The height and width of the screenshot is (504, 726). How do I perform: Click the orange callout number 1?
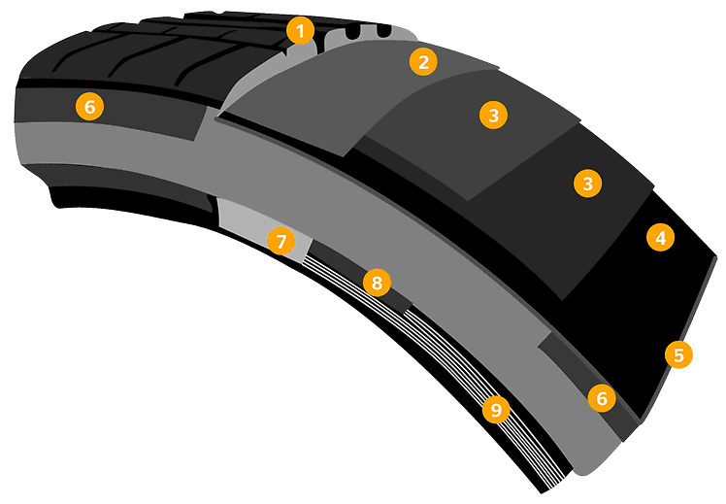pos(301,32)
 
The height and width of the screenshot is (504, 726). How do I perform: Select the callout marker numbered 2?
pos(422,63)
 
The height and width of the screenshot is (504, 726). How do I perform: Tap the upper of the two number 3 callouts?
pos(494,115)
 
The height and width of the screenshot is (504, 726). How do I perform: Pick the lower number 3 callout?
pos(586,183)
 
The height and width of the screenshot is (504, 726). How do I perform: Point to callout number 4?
pos(659,237)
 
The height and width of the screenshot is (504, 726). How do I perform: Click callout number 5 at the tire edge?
pos(678,354)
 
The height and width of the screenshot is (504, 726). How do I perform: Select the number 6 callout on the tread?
pos(89,107)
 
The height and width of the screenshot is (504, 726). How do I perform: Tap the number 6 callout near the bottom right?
pos(601,397)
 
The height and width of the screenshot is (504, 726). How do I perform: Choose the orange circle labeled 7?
pos(280,241)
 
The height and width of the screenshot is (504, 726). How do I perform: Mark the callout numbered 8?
pos(376,283)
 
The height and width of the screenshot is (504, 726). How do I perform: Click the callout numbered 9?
pos(496,410)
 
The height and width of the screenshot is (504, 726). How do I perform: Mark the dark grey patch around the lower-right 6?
pos(573,364)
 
